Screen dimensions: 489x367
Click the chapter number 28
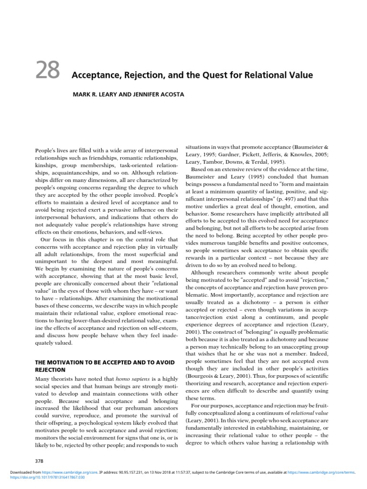coord(47,71)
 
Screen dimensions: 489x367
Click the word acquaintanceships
coord(74,172)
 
